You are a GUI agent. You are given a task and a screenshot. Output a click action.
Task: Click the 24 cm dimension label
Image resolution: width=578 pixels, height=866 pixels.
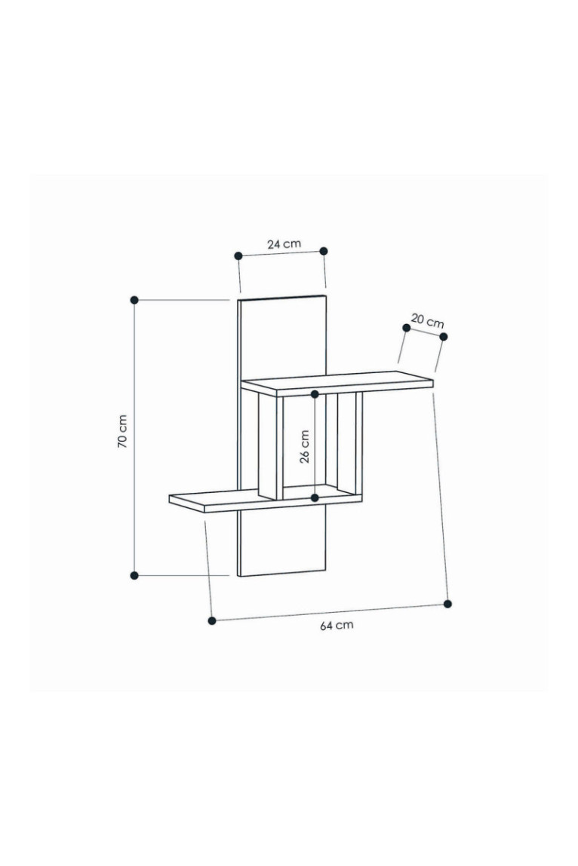[284, 243]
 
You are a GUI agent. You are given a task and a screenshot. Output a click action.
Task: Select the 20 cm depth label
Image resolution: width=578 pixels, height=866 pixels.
[427, 320]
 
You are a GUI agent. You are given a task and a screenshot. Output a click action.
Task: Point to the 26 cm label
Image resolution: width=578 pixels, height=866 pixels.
[305, 446]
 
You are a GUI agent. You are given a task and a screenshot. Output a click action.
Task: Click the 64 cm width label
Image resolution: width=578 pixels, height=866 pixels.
[337, 626]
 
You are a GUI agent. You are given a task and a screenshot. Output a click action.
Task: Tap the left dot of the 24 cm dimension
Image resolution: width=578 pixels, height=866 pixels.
[238, 256]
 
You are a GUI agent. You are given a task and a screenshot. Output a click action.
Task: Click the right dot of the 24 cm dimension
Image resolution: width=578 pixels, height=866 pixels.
[324, 251]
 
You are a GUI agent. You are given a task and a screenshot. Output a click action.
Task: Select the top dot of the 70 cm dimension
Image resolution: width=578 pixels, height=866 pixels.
[134, 300]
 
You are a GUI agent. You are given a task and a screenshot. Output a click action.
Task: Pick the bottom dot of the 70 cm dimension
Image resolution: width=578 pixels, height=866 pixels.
[134, 576]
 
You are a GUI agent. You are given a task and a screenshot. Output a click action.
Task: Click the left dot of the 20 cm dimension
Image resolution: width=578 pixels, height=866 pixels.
[407, 328]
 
